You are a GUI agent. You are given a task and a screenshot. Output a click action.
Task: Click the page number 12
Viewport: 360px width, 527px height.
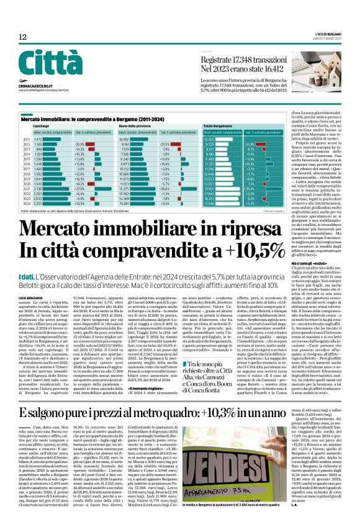click(x=22, y=38)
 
